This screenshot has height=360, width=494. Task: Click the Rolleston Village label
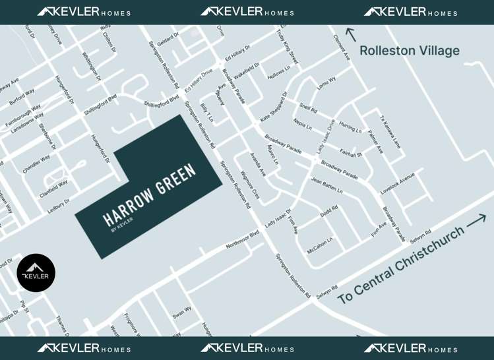tap(409, 51)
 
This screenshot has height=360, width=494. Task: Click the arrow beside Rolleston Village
tap(351, 34)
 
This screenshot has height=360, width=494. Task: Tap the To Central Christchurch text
tap(400, 265)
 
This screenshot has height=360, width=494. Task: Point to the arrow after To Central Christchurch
tap(476, 222)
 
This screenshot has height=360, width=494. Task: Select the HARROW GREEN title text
tap(150, 195)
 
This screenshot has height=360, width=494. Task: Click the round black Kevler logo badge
tap(36, 272)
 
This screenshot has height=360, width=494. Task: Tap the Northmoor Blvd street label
tap(243, 239)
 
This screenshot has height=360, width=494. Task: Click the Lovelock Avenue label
tap(398, 184)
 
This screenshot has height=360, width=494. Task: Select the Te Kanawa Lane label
tap(390, 132)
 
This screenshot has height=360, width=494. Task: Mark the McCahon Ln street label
tap(320, 245)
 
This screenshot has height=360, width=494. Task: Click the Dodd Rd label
tap(328, 212)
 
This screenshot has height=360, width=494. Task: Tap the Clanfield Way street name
tap(53, 189)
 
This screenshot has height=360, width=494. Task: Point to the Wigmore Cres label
tap(250, 184)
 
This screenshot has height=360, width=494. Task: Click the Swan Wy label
tap(182, 313)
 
